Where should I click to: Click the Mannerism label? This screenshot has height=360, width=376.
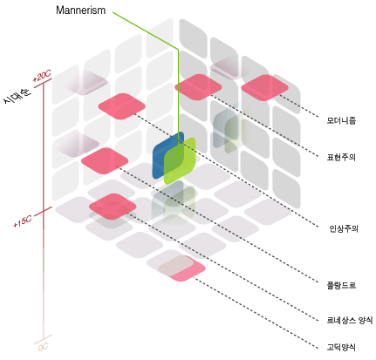pos(80,10)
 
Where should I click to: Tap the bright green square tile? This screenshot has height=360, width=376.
pos(180,160)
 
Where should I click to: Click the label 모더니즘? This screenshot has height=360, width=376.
pos(341,120)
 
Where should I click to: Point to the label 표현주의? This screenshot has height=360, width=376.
pos(341,157)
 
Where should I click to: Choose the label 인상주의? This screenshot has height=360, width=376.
pos(344,228)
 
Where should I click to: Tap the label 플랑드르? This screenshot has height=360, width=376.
pos(341,285)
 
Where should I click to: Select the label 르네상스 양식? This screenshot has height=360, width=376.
pos(350,320)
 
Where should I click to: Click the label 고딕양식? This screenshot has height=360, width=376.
pos(341,347)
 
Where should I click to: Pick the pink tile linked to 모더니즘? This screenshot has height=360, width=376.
pos(264,87)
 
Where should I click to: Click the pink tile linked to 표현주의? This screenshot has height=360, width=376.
pos(198,87)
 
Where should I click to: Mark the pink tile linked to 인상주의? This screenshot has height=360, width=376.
pos(121,106)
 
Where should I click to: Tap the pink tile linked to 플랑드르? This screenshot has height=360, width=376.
pos(105,160)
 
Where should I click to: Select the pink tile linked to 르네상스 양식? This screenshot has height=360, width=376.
pos(113,207)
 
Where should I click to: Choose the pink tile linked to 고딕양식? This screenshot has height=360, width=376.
pos(182,268)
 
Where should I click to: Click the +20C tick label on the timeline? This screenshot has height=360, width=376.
pos(42,76)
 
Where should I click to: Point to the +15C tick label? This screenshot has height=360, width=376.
pos(22,221)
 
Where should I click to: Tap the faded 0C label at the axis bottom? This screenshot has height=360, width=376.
pos(43,347)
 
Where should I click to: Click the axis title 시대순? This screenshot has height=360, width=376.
pos(17,95)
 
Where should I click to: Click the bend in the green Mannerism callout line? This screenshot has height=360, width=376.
pos(178,49)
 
